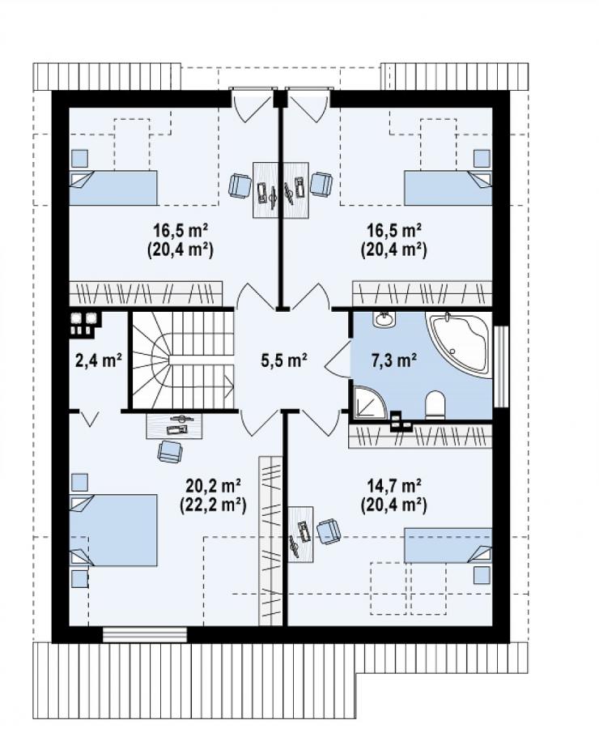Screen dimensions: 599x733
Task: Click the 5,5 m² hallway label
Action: (283, 360)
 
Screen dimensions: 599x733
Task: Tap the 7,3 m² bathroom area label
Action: (394, 360)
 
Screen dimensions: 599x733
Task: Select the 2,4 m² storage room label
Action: (99, 360)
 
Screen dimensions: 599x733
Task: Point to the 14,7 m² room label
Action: (394, 486)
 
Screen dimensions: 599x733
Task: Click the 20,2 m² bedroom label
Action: (213, 486)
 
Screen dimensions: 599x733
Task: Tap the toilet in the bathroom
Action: (435, 405)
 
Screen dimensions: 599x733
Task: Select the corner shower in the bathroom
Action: (368, 402)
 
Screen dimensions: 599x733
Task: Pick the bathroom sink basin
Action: (384, 319)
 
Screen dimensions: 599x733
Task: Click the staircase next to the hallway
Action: (183, 360)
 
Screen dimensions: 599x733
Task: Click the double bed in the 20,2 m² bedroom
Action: (113, 531)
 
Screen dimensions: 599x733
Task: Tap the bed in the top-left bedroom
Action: (113, 187)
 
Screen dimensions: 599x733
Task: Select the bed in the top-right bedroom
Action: (448, 187)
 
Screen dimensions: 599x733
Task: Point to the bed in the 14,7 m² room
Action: (448, 546)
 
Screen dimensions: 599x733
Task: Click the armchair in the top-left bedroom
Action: (240, 185)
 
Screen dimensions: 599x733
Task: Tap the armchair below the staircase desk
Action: (170, 451)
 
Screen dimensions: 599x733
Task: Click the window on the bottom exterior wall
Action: (145, 634)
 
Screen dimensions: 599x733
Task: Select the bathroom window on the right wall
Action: (501, 366)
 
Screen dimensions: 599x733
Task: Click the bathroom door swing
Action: (338, 360)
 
